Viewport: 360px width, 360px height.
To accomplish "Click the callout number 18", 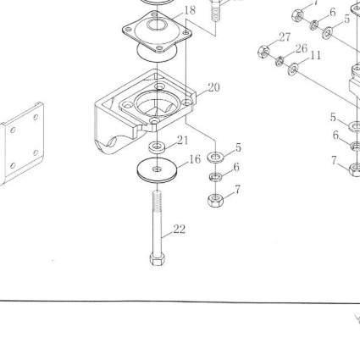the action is pos(190,10).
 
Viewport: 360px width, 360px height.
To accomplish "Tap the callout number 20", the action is pos(213,87).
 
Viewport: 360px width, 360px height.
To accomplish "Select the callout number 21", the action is pos(182,140).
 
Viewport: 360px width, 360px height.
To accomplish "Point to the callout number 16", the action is pos(195,159).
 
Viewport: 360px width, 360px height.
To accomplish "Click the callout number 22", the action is pos(180,230).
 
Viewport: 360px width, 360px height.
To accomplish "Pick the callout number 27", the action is pos(285,37).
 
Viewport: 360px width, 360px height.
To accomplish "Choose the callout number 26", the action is pos(302,49).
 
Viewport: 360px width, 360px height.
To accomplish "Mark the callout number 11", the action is pos(316,56).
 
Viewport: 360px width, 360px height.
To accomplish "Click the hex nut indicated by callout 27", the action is pos(263,52).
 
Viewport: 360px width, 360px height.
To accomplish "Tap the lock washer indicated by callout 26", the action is pos(280,61).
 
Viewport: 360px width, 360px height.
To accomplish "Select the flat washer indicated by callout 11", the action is pos(293,69).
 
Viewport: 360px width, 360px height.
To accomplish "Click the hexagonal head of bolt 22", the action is pos(158,259).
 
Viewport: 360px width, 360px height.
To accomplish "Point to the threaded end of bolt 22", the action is pos(158,201).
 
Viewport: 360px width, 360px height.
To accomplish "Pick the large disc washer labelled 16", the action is pos(157,170).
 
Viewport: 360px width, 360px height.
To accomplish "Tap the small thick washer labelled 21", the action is pos(157,147).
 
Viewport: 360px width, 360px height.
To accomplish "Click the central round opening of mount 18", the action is pos(158,25).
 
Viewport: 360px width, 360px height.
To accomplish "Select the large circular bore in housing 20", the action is pos(157,103).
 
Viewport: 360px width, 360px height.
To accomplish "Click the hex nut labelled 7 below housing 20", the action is pos(215,200).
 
